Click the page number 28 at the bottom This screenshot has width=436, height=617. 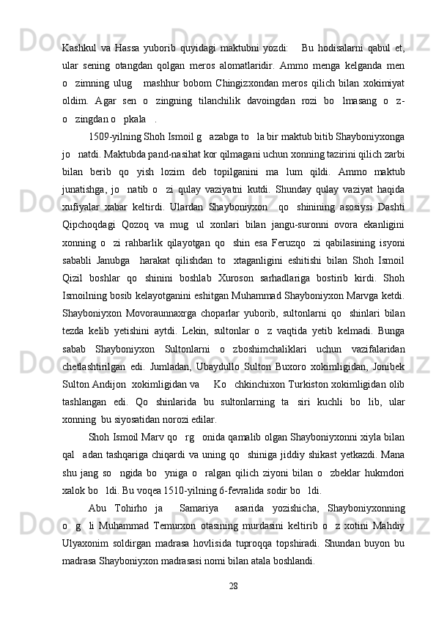click(x=234, y=585)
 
